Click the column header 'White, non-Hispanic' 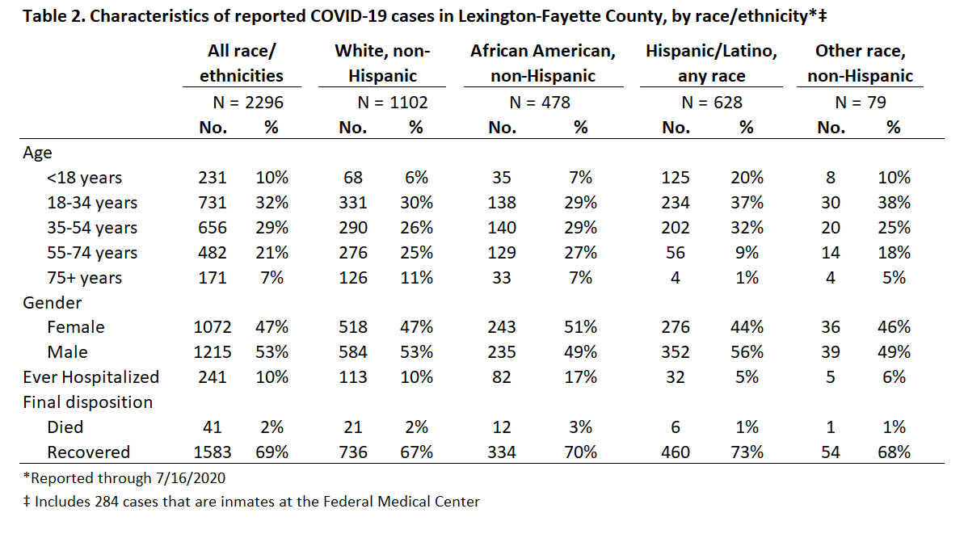point(382,63)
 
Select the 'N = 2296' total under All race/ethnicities point(248,102)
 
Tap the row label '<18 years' point(84,178)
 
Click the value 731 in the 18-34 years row point(212,202)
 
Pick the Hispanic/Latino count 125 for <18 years point(675,177)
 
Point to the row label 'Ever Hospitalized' point(91,376)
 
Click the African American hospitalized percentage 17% point(580,376)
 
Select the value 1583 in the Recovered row point(212,452)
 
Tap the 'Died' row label point(65,427)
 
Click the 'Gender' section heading point(53,302)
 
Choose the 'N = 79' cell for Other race point(860,102)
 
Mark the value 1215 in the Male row point(212,352)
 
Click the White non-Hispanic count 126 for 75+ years point(353,277)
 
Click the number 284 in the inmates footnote point(107,502)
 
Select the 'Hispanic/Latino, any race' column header point(711,63)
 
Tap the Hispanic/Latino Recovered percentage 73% point(747,452)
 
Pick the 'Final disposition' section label point(88,402)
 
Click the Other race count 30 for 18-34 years point(831,202)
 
